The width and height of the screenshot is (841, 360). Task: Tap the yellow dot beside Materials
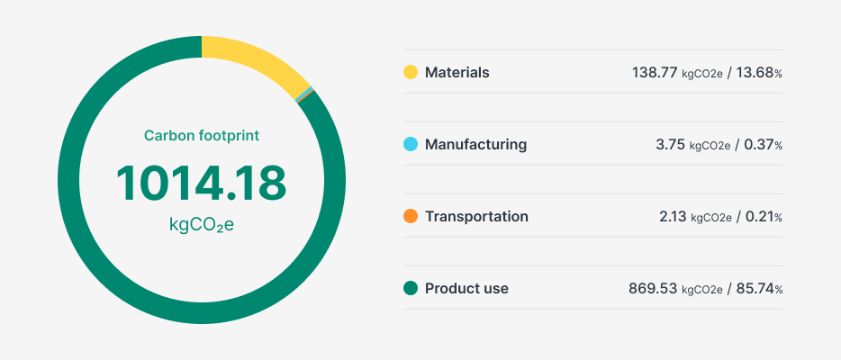click(411, 72)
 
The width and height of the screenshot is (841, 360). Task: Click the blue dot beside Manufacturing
click(411, 144)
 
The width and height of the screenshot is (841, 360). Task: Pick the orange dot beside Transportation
click(411, 216)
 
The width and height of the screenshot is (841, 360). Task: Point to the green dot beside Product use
click(411, 288)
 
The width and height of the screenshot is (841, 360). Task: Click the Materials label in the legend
click(457, 72)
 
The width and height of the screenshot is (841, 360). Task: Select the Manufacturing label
click(475, 144)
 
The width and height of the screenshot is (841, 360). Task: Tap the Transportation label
click(476, 216)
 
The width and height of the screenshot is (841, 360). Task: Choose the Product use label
click(466, 288)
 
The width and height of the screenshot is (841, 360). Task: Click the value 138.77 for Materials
click(655, 72)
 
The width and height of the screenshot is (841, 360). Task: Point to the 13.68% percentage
click(759, 72)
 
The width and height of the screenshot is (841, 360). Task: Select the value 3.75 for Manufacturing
click(671, 144)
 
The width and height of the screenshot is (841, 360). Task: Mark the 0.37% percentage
click(763, 144)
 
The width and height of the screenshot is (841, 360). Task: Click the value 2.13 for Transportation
click(672, 216)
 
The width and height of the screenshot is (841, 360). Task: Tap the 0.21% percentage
click(763, 216)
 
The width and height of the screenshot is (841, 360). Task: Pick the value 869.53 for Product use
click(653, 288)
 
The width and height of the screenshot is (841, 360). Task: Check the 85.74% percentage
click(759, 288)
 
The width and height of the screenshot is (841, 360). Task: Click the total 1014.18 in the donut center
click(201, 183)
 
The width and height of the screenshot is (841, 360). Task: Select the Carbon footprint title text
click(202, 136)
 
